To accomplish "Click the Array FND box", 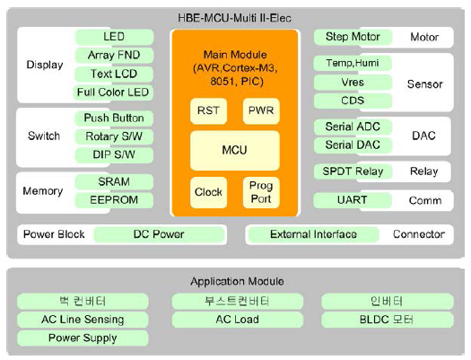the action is coord(114,56).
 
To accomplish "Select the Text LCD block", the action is coord(114,74).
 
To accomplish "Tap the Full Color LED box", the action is coord(113,92).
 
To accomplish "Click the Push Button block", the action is coord(114,119).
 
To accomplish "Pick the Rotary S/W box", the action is coord(114,136).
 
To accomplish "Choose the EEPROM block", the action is coord(114,200).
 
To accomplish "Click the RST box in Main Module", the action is coord(208,111).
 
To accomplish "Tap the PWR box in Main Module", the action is coord(261,111).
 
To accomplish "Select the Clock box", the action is coord(208,192).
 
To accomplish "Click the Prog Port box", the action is coord(261,192).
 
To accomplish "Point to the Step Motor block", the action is coord(353,37).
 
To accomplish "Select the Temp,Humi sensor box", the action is coord(353,63).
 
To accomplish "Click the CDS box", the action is coord(353,101).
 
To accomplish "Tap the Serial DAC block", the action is coord(353,145).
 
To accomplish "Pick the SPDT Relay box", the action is coord(353,171).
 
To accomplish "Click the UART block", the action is coord(353,200).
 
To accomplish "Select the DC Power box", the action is coord(159,234).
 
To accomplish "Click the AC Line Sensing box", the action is coord(83,320).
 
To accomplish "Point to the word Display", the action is coord(45,65).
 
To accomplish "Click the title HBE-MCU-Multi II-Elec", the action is coord(234,18).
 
